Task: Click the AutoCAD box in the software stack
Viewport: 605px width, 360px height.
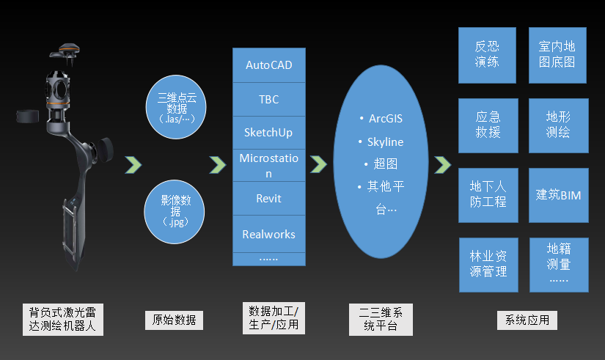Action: coord(268,65)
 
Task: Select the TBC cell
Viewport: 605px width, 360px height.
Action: coord(268,100)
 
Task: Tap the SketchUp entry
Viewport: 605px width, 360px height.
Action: coord(268,133)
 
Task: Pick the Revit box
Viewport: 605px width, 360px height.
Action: coord(268,199)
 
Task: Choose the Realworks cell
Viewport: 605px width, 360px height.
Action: coord(268,235)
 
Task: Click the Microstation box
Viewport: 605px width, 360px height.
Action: coord(268,166)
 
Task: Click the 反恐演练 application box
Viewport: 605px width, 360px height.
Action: coord(487,55)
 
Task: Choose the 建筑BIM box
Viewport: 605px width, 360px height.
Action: coord(559,195)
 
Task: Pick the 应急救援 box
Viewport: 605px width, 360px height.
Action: coord(487,125)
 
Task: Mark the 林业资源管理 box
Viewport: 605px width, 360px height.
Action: coord(487,264)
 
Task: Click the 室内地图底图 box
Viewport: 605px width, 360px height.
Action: coord(559,55)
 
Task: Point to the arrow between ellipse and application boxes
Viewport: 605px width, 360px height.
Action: coord(442,164)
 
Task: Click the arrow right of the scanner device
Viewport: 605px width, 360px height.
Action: coord(133,164)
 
